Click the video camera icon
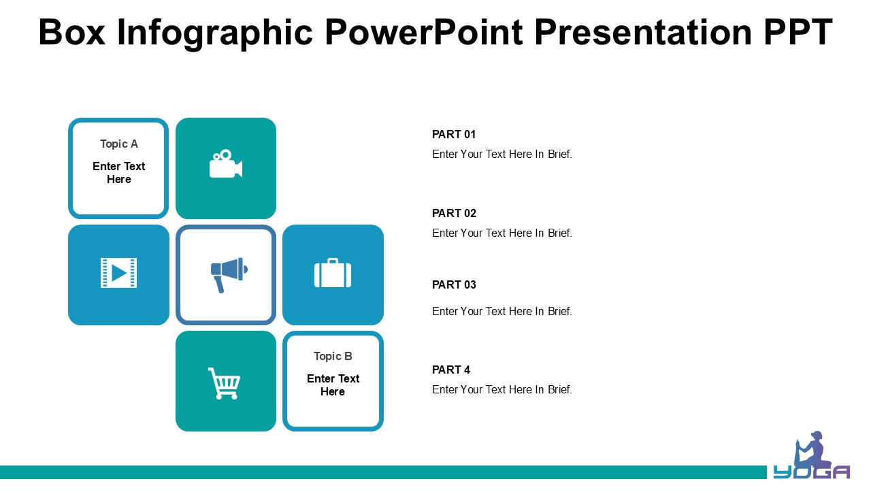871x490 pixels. tap(226, 164)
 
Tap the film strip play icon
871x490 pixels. tap(118, 273)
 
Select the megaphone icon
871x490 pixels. tap(229, 275)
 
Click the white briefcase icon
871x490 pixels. tap(333, 273)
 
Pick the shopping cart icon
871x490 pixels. tap(225, 383)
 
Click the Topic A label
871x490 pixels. tap(119, 144)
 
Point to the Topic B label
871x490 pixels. tap(333, 356)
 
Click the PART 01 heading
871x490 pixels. tap(454, 135)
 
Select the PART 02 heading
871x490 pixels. tap(454, 214)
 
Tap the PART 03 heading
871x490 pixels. tap(454, 285)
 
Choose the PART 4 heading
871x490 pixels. tap(451, 370)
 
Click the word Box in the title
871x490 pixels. tap(72, 32)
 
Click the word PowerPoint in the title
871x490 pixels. tap(423, 32)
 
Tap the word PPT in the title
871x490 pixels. tap(798, 32)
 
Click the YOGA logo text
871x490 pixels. tap(812, 472)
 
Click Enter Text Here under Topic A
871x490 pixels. tap(119, 173)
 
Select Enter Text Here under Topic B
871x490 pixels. tap(333, 385)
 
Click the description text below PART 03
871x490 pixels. tap(502, 312)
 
